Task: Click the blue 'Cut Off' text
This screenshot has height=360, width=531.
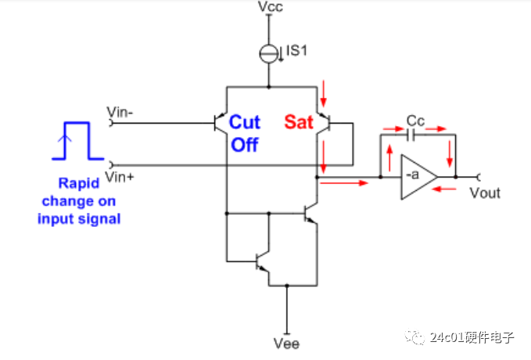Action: tap(243, 133)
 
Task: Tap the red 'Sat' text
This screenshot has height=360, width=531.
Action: tap(297, 121)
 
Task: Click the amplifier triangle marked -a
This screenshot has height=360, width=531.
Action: tap(416, 178)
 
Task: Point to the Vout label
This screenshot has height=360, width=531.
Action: tap(485, 193)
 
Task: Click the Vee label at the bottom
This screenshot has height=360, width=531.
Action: tap(287, 344)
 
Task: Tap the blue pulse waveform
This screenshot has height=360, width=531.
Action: tap(74, 141)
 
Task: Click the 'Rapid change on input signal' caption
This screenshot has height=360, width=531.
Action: tap(79, 201)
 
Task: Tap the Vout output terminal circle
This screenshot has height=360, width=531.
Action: tap(479, 178)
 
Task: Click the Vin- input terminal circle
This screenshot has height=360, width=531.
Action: tap(111, 122)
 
